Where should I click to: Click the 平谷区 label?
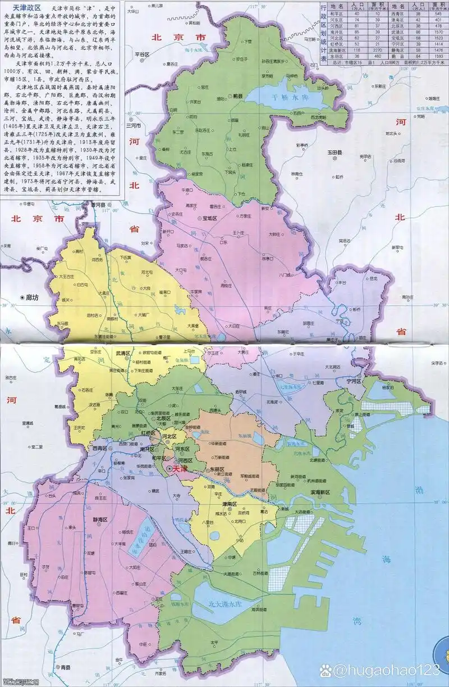click(142, 54)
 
